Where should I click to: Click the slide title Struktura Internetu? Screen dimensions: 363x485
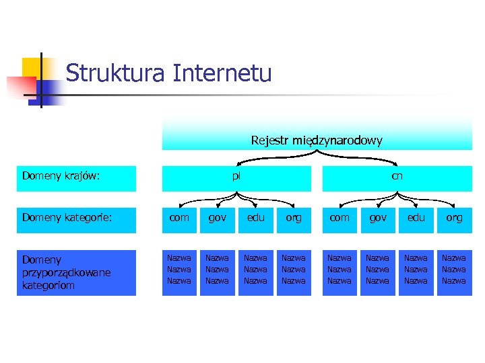[169, 73]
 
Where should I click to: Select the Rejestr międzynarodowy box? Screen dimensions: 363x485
[317, 140]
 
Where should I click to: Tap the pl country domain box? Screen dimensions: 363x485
[236, 177]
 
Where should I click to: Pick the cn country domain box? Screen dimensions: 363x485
[397, 177]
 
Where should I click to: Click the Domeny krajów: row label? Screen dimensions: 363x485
[76, 177]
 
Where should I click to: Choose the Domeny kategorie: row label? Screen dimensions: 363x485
[76, 218]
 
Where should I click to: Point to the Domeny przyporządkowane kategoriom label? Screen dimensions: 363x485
[76, 272]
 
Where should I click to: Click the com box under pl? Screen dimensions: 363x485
[179, 218]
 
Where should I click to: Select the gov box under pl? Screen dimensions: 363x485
[217, 218]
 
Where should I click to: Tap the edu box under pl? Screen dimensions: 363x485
[255, 218]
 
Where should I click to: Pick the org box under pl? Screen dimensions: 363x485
[294, 218]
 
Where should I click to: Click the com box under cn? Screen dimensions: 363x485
[339, 218]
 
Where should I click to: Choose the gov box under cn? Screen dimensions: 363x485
[378, 218]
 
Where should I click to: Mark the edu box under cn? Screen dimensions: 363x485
[416, 218]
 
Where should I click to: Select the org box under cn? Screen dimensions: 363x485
[454, 218]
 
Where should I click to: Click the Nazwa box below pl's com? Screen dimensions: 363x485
[179, 270]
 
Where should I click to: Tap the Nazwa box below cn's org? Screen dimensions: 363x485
[454, 270]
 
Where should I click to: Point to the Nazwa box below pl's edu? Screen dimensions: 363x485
[255, 270]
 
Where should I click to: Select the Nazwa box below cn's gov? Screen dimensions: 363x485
[378, 270]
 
